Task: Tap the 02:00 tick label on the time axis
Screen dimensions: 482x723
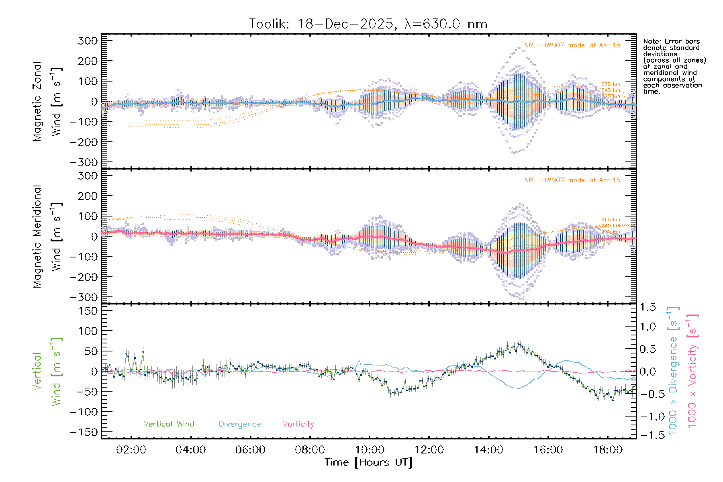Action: [131, 449]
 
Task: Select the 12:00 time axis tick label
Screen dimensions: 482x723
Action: [429, 449]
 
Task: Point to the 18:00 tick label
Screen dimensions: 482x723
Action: [608, 449]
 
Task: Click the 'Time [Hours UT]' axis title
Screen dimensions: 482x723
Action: [368, 462]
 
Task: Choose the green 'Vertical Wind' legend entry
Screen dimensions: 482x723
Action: [169, 424]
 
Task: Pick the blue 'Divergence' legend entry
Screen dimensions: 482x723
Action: [240, 424]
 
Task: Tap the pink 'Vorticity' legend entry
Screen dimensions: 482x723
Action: [298, 424]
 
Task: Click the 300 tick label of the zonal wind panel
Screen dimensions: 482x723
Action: [88, 41]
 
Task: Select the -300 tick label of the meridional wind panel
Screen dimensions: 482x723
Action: [84, 298]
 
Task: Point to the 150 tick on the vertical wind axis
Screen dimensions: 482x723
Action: [88, 311]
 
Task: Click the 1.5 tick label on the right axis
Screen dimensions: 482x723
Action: [648, 307]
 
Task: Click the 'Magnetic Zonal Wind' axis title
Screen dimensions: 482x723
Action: [47, 102]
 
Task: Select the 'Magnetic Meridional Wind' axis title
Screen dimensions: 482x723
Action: [47, 237]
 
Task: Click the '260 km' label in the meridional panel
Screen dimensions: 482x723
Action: [611, 220]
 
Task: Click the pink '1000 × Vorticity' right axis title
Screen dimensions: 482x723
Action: [692, 371]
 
